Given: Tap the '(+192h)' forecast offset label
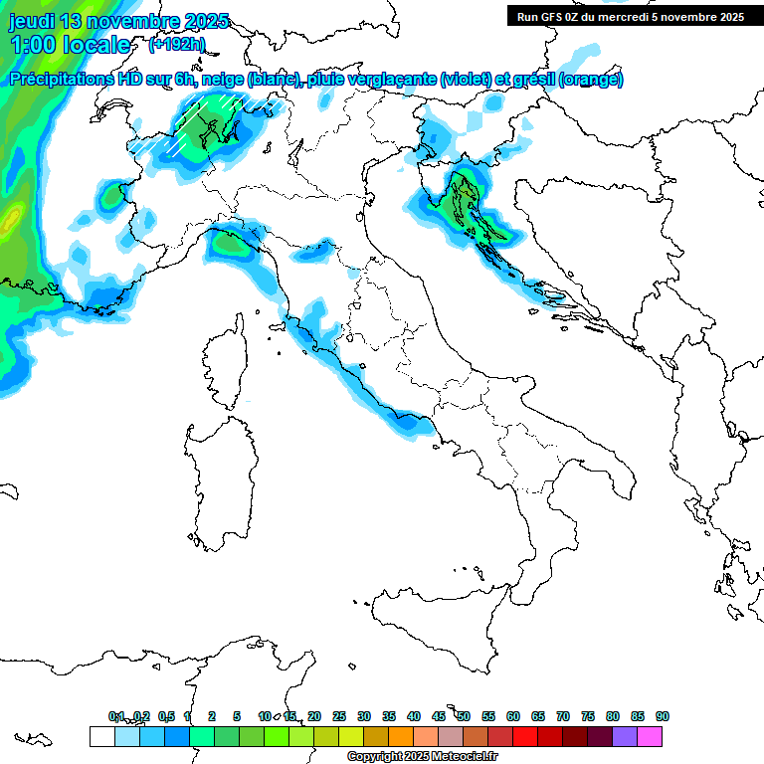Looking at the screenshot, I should click(x=177, y=44).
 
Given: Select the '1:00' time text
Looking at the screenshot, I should click(x=31, y=45).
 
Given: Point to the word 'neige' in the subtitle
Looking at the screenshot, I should click(x=224, y=80).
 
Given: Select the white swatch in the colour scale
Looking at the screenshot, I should click(x=100, y=736).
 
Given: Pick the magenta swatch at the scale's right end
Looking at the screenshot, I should click(x=650, y=736).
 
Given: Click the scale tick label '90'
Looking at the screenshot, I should click(x=663, y=716).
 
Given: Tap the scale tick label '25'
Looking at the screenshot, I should click(x=339, y=716).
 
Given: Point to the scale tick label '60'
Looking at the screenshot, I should click(x=513, y=716).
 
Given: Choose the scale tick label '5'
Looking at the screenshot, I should click(x=237, y=716).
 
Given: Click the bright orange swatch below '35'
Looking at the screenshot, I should click(x=400, y=736).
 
